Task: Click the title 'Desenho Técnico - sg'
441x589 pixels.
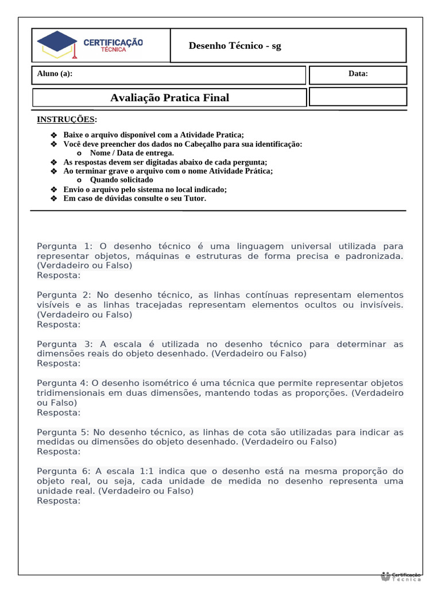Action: tap(235, 46)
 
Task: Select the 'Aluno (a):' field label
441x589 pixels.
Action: tap(55, 74)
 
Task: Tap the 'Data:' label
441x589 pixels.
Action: tap(358, 74)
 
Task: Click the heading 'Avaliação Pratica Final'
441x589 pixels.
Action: tap(169, 98)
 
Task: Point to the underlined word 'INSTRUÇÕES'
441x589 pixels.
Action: tap(65, 120)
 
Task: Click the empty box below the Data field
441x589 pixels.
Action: tap(358, 97)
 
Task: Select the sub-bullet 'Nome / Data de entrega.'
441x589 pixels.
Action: tap(131, 153)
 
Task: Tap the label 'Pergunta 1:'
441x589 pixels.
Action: tap(64, 246)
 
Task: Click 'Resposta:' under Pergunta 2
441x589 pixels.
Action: tap(59, 324)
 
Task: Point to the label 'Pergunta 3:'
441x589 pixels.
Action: tap(64, 344)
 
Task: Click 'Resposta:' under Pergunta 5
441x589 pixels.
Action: tap(59, 452)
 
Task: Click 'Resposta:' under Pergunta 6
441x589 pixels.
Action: tap(59, 501)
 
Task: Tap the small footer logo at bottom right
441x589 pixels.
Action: tap(401, 576)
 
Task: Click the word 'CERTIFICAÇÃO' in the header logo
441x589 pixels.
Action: tap(113, 43)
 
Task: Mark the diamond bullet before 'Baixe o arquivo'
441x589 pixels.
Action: tap(55, 135)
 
